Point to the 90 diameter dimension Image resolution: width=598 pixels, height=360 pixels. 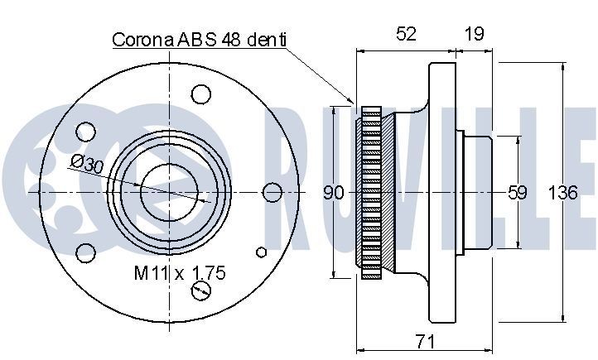tap(333, 194)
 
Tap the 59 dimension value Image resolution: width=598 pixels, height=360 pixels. tap(517, 194)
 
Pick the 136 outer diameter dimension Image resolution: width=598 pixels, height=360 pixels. tap(563, 194)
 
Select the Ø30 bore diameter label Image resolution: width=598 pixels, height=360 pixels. tap(86, 163)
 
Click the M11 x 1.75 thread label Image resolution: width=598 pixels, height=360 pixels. tap(180, 271)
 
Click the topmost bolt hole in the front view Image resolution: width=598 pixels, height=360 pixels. tap(199, 94)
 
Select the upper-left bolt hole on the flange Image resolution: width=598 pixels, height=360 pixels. tap(85, 131)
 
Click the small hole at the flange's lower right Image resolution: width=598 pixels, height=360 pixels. tap(262, 252)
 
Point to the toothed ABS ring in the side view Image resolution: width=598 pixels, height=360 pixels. tap(372, 192)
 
